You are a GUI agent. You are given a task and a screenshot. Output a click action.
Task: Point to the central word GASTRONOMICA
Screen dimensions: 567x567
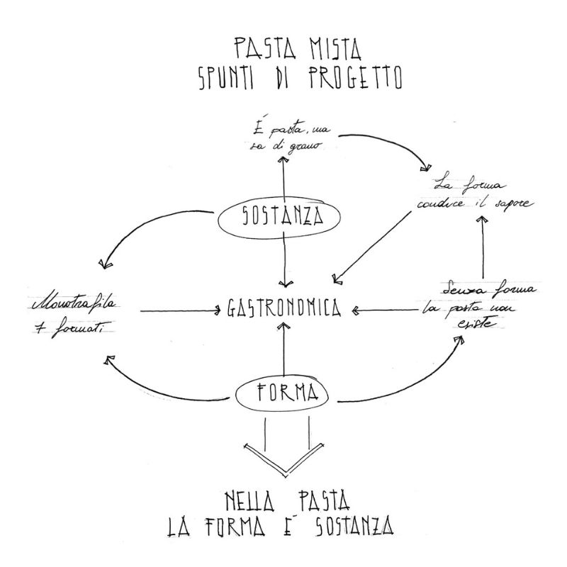click(285, 309)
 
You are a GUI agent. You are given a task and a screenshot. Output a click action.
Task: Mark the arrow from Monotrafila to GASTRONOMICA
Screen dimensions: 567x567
click(181, 310)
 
